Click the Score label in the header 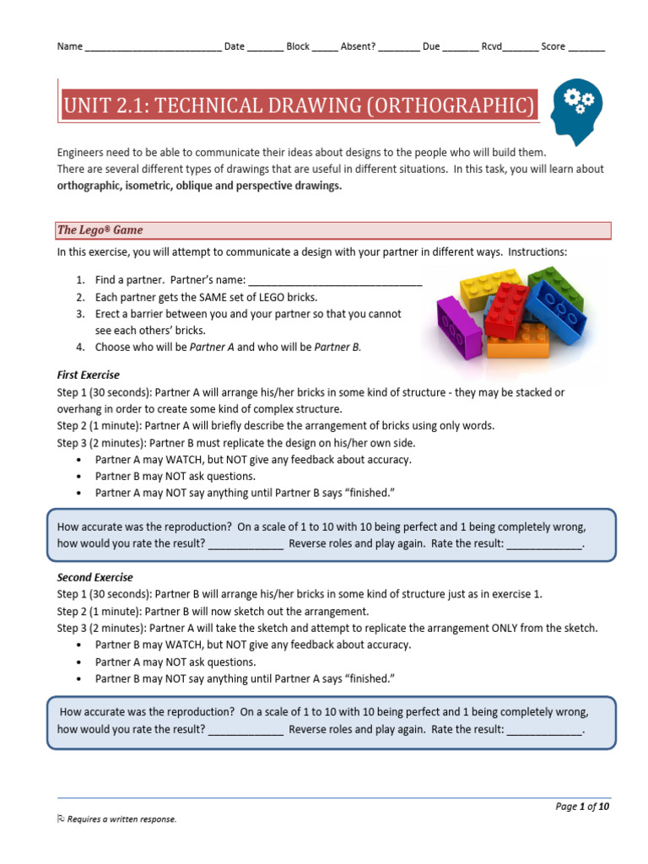coord(553,46)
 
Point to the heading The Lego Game coord(100,229)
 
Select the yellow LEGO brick coord(489,287)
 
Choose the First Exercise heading coord(89,375)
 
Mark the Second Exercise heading coord(94,578)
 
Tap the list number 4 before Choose coord(79,347)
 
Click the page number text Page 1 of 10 coord(582,807)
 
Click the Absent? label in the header coord(358,46)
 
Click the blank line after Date coord(265,47)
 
